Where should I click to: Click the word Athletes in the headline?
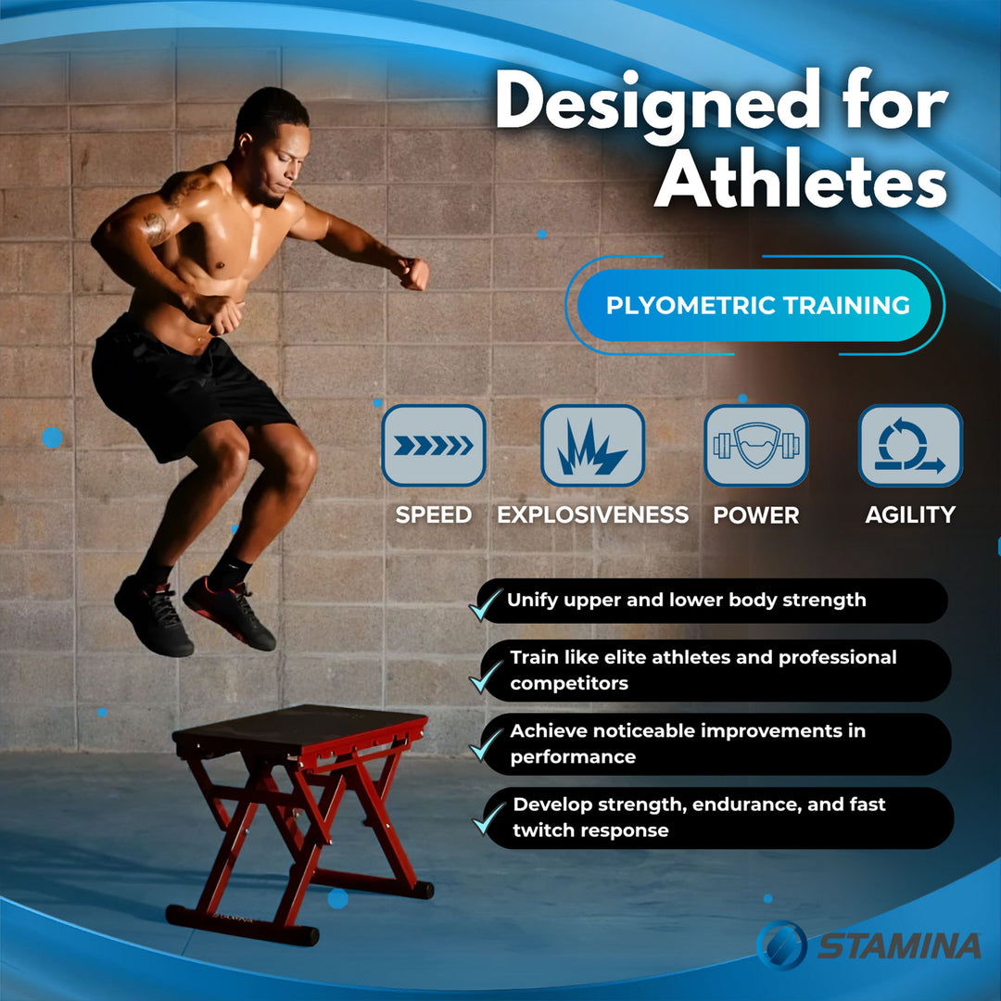[805, 181]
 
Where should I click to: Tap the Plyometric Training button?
[757, 306]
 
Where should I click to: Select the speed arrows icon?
[434, 446]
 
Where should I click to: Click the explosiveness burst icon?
[593, 446]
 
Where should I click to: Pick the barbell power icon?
[755, 446]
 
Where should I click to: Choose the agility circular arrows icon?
[910, 446]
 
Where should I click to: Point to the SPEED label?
[434, 515]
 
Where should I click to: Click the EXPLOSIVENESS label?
[593, 515]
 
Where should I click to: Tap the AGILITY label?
[910, 515]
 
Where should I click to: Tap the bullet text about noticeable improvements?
[688, 743]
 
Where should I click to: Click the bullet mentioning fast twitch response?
[699, 817]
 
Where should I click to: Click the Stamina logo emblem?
[781, 944]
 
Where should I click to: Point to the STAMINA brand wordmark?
[899, 946]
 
